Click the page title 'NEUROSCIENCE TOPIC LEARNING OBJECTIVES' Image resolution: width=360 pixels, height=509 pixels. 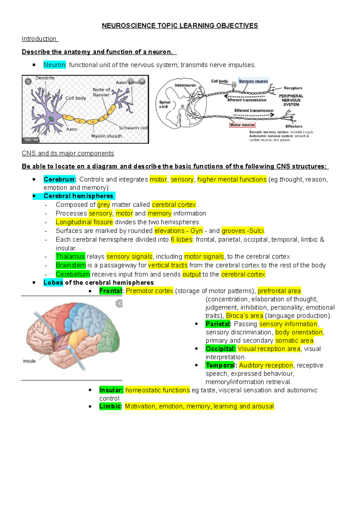pos(180,26)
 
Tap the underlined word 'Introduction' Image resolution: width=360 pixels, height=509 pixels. pos(39,39)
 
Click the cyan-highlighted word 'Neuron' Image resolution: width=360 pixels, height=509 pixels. pos(54,65)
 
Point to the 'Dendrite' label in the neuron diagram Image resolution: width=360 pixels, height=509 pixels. pos(45,78)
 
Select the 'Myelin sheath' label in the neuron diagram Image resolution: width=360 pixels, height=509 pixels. pos(106,136)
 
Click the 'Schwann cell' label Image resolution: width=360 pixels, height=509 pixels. pos(133,128)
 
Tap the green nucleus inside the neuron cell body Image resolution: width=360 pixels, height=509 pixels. pos(52,119)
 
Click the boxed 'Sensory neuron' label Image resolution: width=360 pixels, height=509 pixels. pos(253,81)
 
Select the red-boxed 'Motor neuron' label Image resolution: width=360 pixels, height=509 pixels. pos(242,125)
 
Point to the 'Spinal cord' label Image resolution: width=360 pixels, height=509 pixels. pos(164,104)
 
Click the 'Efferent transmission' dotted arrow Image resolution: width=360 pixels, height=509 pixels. pos(254,115)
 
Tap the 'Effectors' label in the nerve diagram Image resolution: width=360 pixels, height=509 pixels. pos(294,127)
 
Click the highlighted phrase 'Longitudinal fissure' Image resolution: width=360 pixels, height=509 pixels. pos(84,222)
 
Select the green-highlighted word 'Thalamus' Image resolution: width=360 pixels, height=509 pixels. pos(70,257)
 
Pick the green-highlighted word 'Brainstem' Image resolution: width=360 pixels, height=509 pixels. pos(71,265)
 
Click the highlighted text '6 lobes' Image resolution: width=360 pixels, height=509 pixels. pos(181,240)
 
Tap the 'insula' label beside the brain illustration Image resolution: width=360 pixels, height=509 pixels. pos(29,361)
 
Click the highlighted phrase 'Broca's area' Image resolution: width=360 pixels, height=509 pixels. pos(244,316)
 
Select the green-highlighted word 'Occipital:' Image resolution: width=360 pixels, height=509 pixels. pos(220,349)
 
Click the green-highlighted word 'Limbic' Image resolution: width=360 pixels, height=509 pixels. pos(110,406)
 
